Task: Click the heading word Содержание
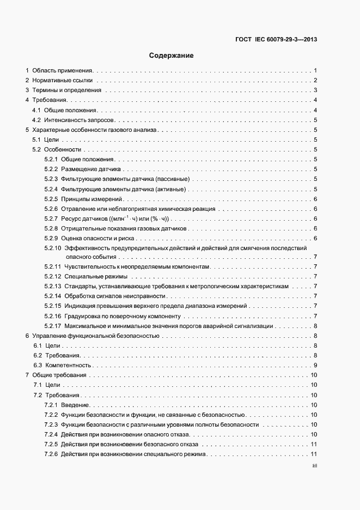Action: (172, 56)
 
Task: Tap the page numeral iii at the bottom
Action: (314, 466)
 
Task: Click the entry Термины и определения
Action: (67, 90)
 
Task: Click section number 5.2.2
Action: (51, 169)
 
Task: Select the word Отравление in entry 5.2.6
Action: (77, 209)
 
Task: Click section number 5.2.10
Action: (53, 248)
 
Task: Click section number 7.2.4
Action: (51, 434)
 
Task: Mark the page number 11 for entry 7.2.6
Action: (314, 454)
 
